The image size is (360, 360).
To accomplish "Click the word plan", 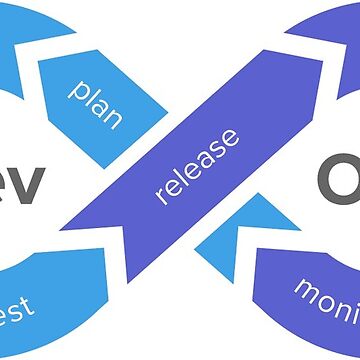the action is coord(95,102).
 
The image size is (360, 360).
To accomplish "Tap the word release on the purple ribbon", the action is coord(198,165).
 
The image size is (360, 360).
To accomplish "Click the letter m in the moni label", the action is coord(305,290).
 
